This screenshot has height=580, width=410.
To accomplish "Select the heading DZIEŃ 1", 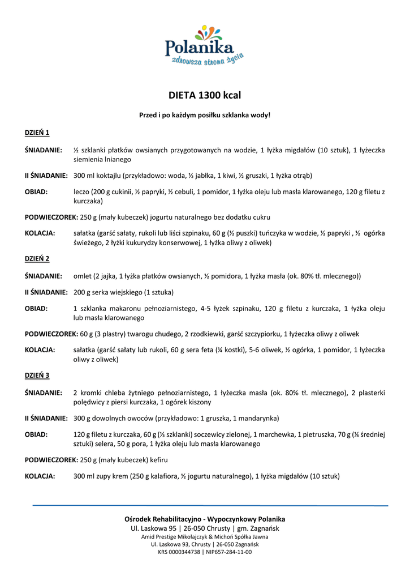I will [x=37, y=133].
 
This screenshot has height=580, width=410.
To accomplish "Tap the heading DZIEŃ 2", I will [x=37, y=259].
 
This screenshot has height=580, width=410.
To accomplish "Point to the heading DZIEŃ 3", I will [x=37, y=376].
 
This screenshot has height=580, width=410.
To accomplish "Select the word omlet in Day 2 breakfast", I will [x=83, y=276].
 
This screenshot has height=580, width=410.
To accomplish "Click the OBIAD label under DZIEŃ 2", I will [x=36, y=309].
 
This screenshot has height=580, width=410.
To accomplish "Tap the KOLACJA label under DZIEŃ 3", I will [x=40, y=476].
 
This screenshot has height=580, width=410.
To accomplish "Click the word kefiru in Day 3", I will [x=157, y=459].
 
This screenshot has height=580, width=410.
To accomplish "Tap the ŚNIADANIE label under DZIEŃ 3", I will [x=43, y=393].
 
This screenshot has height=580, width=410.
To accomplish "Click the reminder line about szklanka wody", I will [x=205, y=116].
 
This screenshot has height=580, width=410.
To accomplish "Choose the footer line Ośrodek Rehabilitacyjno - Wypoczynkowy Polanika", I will [x=205, y=519].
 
